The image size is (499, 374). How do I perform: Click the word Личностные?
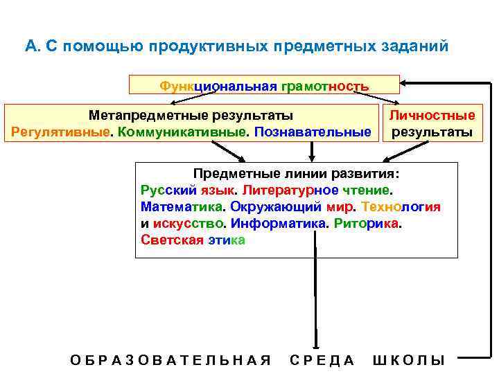(432, 116)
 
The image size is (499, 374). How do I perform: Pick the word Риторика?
(367, 224)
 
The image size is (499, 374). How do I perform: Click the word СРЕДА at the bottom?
(322, 360)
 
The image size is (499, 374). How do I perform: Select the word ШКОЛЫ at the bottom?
(409, 360)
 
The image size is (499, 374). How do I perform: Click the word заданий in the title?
(416, 46)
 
